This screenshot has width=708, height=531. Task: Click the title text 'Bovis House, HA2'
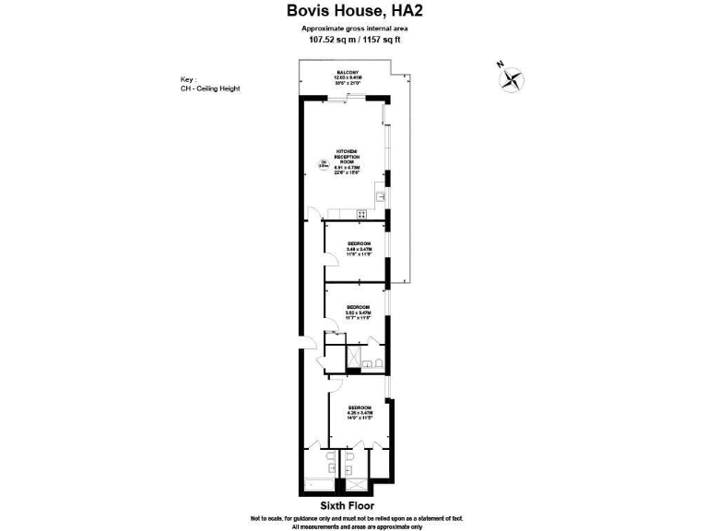click(353, 11)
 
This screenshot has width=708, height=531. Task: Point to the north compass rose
click(510, 79)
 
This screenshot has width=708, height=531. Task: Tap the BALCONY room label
click(347, 77)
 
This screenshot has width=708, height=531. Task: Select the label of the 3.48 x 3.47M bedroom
click(359, 249)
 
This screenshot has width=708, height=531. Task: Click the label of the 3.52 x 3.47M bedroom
click(358, 312)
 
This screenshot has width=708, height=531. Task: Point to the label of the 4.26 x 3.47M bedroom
click(360, 411)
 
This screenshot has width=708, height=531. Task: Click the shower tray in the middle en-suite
click(353, 357)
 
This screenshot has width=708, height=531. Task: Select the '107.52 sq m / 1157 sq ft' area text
click(353, 40)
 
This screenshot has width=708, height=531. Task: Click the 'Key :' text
click(190, 80)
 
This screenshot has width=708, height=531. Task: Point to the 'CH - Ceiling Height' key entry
click(211, 88)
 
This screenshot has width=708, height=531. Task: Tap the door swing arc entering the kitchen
click(313, 214)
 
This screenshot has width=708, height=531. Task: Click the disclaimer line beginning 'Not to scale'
click(353, 518)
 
